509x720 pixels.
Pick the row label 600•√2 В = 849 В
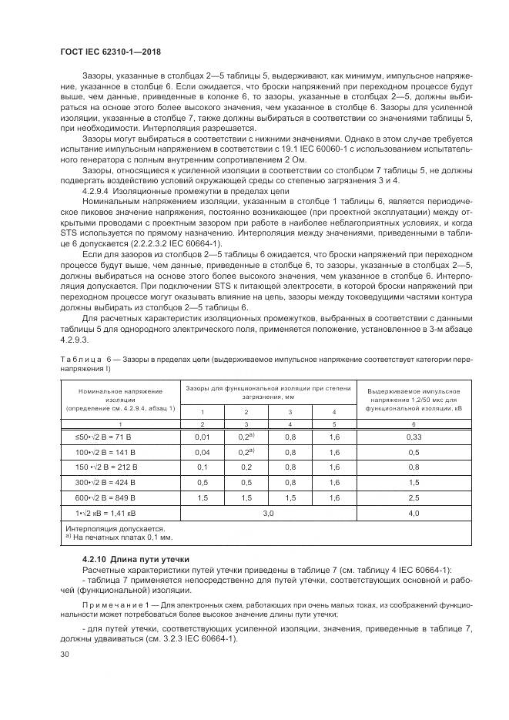click(121, 498)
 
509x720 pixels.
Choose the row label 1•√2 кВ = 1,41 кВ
click(121, 514)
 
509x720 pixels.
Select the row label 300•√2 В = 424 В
click(121, 482)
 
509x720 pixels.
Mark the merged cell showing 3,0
click(269, 514)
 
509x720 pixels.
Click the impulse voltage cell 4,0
click(413, 514)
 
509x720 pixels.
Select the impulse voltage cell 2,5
click(413, 498)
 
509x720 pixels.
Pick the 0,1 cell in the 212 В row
click(203, 467)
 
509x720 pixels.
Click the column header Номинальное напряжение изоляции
click(121, 399)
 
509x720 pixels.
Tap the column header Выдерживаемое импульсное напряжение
click(413, 399)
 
